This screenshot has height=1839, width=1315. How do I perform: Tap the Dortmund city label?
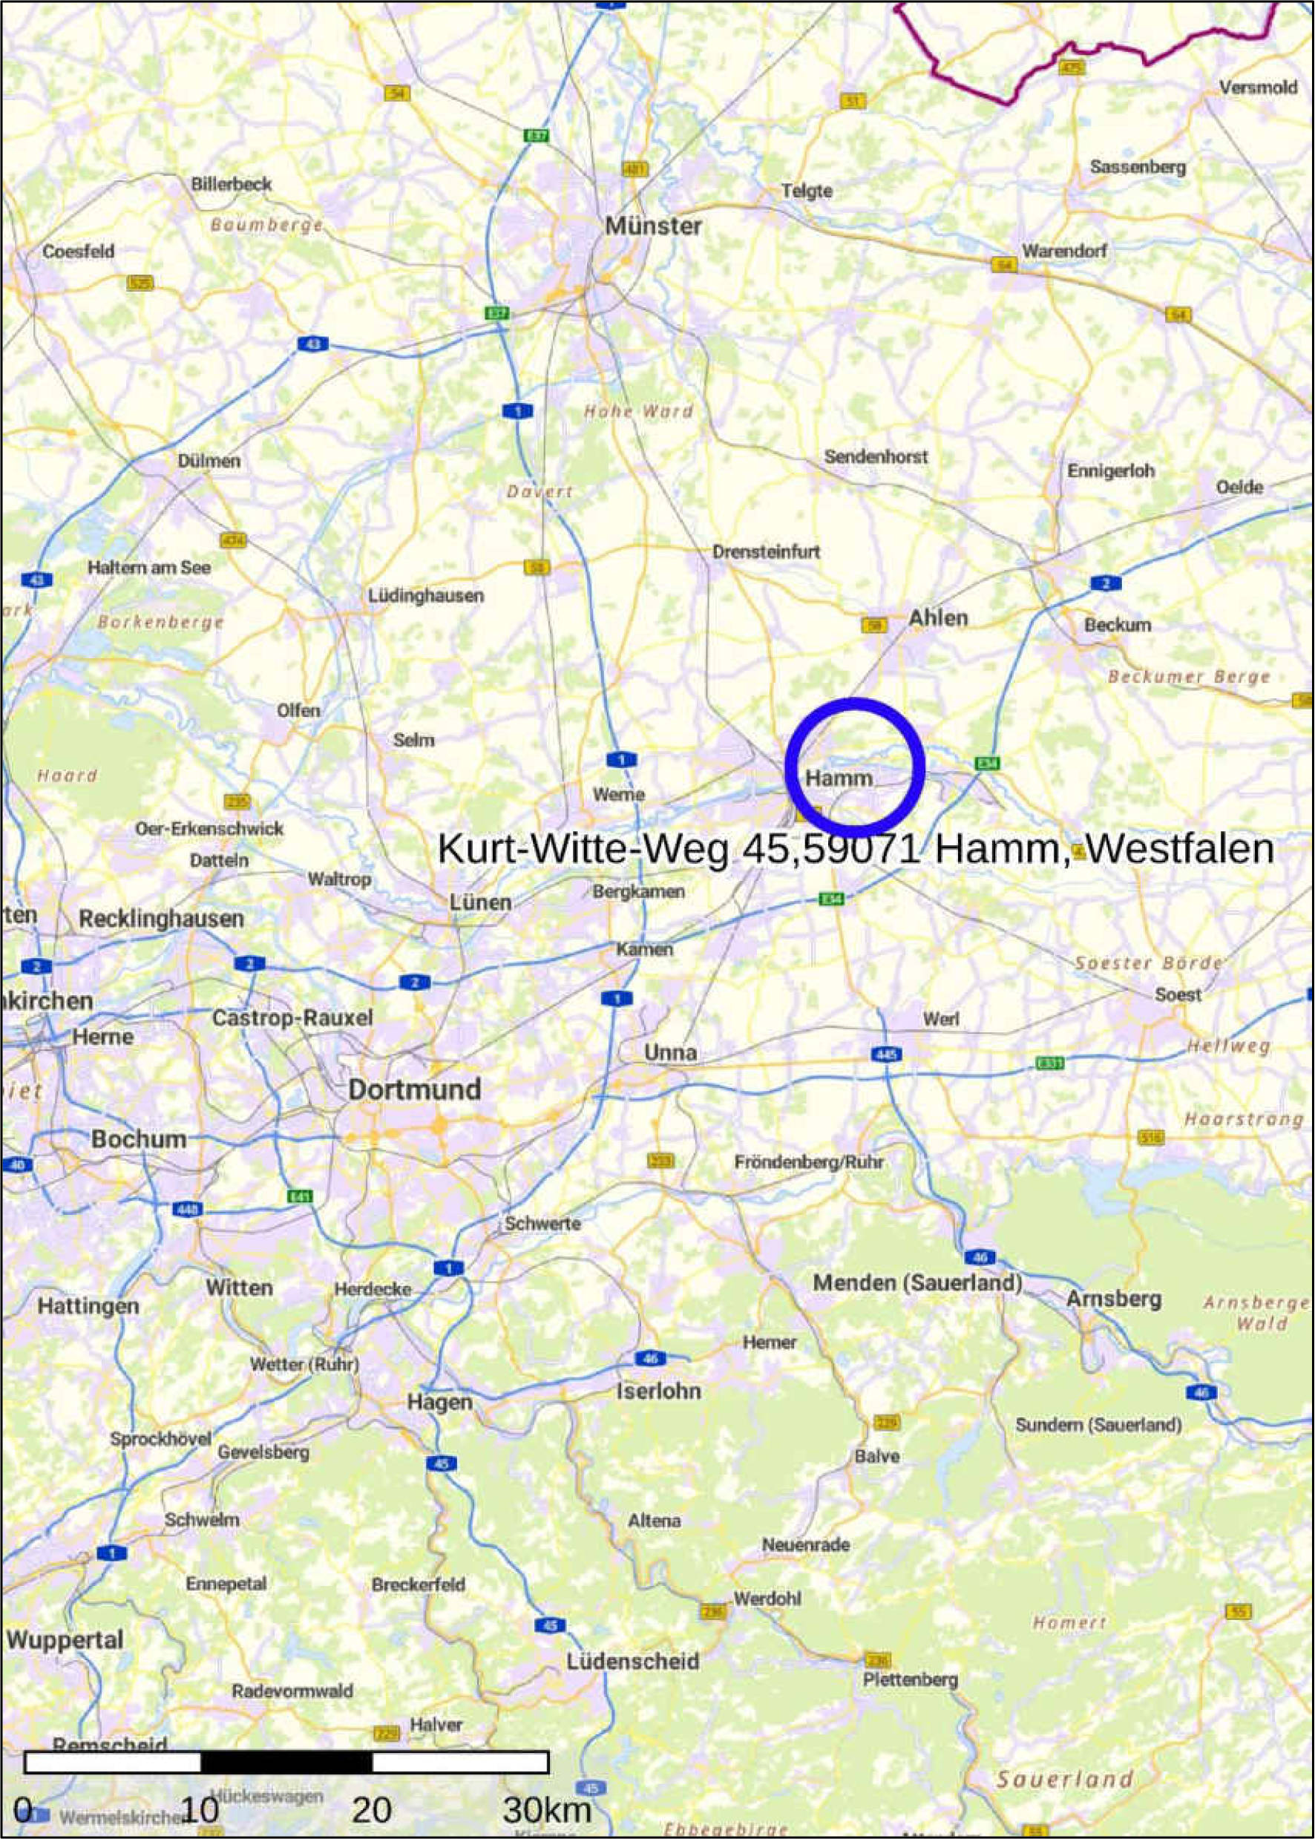click(x=415, y=1089)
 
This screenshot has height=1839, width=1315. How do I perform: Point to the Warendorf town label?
click(x=1064, y=251)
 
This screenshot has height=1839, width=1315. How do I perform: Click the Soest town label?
click(x=1178, y=994)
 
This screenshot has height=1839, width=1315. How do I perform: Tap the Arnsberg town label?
click(x=1113, y=1299)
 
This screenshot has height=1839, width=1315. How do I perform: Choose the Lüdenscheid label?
click(x=632, y=1662)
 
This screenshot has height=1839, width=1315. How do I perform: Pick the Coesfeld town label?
click(x=79, y=251)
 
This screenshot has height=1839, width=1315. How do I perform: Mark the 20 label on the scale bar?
click(x=372, y=1787)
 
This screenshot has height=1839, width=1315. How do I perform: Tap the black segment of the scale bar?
click(x=286, y=1762)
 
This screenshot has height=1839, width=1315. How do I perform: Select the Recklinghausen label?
click(x=161, y=918)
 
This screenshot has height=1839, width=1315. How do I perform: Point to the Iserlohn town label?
click(x=658, y=1391)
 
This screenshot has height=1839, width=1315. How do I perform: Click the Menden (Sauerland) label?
click(x=917, y=1282)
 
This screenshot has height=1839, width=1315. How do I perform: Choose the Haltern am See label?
click(x=149, y=568)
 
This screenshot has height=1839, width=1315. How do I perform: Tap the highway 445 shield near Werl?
click(x=888, y=1055)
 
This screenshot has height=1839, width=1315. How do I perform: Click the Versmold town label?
click(x=1258, y=88)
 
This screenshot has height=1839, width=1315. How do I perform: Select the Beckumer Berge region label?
click(x=1189, y=676)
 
